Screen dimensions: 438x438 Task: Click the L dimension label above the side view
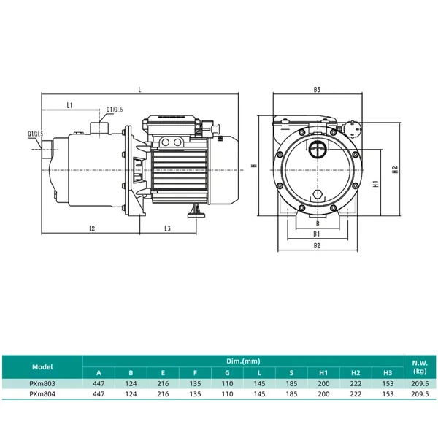(139, 90)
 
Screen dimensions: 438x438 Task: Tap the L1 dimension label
(69, 105)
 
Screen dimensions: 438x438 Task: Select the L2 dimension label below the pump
(92, 228)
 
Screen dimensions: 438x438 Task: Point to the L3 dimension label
(167, 228)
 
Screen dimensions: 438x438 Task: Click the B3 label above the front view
(317, 90)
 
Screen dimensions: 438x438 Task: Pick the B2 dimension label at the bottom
(317, 246)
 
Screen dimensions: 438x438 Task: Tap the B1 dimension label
(317, 234)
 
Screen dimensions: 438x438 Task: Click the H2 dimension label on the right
(395, 169)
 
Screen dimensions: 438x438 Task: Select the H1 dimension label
(376, 183)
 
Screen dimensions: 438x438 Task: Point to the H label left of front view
(254, 166)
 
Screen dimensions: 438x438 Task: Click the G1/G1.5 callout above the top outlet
(115, 109)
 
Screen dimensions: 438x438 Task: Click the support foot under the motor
(196, 211)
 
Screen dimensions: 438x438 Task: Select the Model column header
(42, 366)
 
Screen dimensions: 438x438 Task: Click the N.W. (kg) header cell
(420, 367)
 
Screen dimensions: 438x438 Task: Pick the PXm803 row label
(42, 383)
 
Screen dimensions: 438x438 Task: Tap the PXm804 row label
(42, 394)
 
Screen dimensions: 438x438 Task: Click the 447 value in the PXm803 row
(99, 383)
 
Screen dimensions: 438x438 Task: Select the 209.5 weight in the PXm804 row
(420, 394)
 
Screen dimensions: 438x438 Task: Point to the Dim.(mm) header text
(243, 361)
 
